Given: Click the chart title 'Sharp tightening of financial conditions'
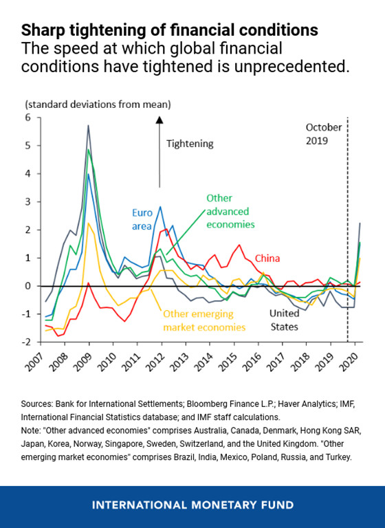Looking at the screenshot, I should coord(170,30).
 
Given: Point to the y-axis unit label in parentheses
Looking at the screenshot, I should coord(98,104).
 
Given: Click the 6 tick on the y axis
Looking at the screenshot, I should coord(29,118).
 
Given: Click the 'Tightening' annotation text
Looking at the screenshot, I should coord(190,144).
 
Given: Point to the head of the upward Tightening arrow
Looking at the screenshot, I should coord(159,120).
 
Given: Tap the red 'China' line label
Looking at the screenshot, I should coord(269,258).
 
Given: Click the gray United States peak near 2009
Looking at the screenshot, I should coord(89,126).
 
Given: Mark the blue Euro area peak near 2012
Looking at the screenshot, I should coord(160,207).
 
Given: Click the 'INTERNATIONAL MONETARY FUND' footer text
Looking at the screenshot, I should coord(192,505).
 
